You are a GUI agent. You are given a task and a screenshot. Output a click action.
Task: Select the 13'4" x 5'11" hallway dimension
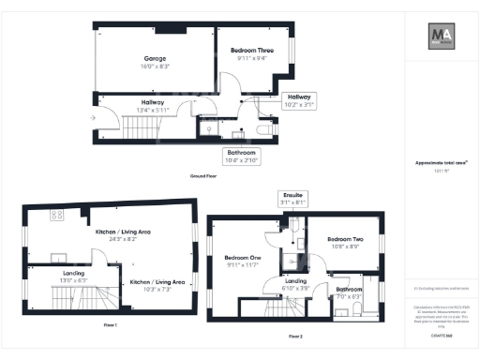tap(153, 110)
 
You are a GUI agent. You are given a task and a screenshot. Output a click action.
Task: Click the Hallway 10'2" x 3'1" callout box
tap(299, 100)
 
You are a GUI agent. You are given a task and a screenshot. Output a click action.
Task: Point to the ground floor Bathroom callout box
tap(242, 156)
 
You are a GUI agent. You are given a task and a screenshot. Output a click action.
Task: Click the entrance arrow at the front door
tap(91, 118)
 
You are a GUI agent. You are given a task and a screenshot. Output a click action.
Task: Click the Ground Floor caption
tap(203, 176)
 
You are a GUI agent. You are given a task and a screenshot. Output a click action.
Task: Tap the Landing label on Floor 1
tap(74, 273)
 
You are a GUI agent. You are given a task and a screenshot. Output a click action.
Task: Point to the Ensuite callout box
tap(292, 199)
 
